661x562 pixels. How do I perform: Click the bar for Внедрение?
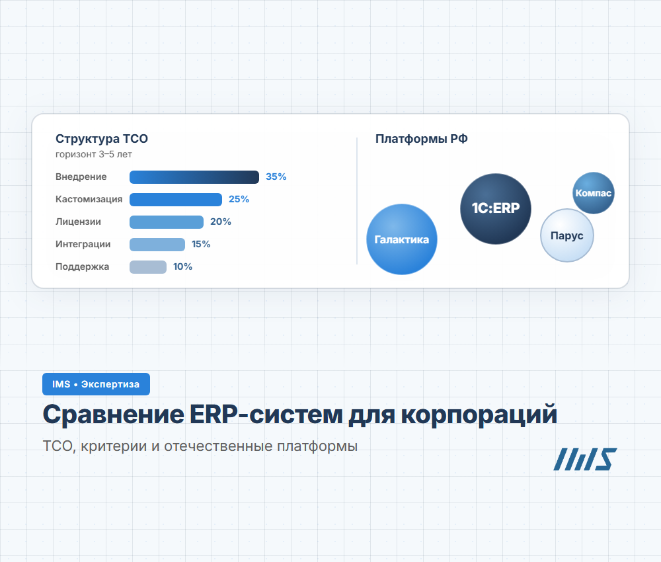pos(194,177)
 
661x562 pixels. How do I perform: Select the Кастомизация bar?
pos(175,200)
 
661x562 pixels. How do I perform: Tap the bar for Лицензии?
pos(166,221)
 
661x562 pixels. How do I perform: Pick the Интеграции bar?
pos(157,245)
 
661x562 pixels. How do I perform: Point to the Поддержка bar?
pos(147,267)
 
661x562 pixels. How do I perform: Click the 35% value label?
pos(276,177)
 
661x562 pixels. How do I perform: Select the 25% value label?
pos(239,199)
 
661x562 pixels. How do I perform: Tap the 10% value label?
pos(182,266)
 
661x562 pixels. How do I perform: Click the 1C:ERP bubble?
pos(495,209)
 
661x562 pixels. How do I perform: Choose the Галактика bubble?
pos(401,239)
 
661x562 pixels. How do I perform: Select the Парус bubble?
pos(567,235)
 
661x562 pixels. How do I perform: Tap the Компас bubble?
pos(593,193)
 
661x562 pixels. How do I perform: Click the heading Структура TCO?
pos(102,139)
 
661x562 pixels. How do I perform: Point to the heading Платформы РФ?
pos(422,139)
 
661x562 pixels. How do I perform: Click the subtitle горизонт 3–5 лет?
pos(94,154)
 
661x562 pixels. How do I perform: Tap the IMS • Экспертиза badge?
pos(96,384)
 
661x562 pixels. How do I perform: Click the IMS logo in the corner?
pos(585,459)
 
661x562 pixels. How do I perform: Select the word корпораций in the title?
pos(479,414)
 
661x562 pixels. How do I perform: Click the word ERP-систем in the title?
pos(266,414)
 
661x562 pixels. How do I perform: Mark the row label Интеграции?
pos(83,244)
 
